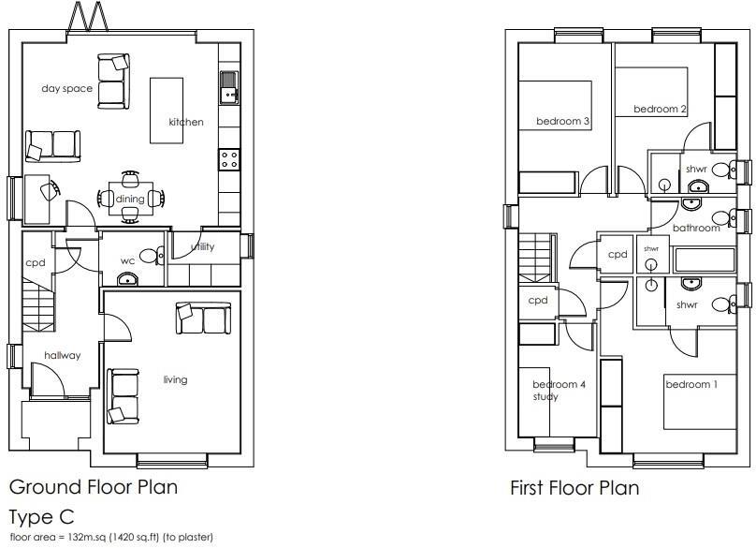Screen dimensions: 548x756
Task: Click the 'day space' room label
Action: pyautogui.click(x=66, y=89)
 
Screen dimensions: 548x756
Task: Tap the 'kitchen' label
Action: pyautogui.click(x=185, y=122)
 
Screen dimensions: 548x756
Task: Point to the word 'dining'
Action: pyautogui.click(x=130, y=199)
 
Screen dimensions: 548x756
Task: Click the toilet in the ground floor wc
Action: pyautogui.click(x=147, y=255)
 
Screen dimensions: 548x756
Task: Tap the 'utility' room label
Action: pyautogui.click(x=202, y=247)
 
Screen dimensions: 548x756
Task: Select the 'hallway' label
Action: pyautogui.click(x=63, y=355)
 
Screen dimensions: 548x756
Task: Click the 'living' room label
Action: pyautogui.click(x=175, y=379)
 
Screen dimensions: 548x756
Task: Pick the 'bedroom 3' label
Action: pyautogui.click(x=562, y=121)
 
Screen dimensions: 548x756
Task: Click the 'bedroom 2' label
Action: pyautogui.click(x=660, y=110)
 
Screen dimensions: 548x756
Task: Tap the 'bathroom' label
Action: pyautogui.click(x=696, y=228)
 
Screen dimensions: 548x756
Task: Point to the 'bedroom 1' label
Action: pyautogui.click(x=691, y=384)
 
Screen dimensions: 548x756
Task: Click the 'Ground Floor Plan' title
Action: pyautogui.click(x=93, y=487)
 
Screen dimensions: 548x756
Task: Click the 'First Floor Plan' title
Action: pyautogui.click(x=574, y=488)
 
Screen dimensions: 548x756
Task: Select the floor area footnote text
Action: pyautogui.click(x=111, y=538)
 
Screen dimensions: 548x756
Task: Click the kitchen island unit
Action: pyautogui.click(x=167, y=110)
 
